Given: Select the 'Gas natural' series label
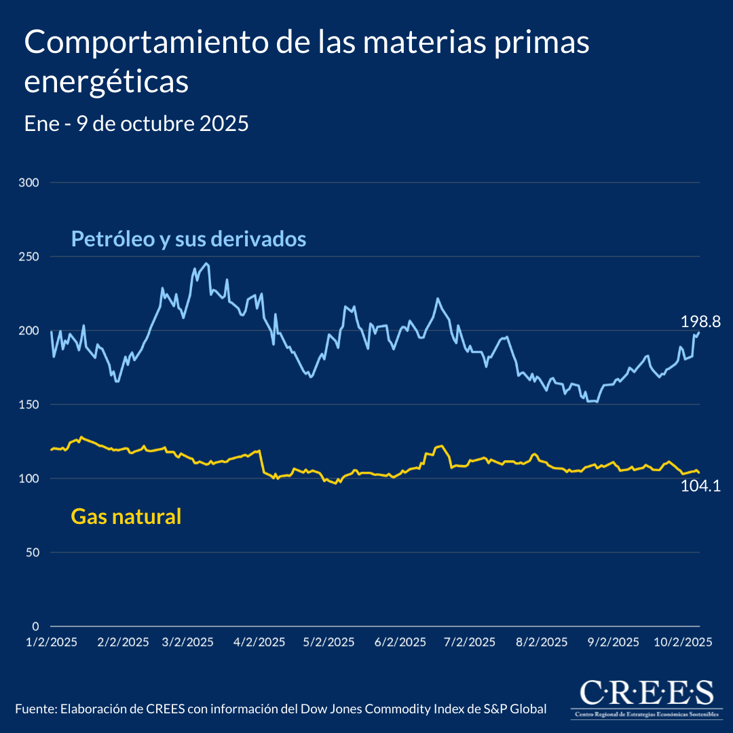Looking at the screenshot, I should (126, 517).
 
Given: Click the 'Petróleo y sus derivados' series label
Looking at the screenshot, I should (189, 239).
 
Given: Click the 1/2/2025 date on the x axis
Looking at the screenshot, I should (52, 642).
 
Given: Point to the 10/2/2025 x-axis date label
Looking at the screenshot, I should (681, 642).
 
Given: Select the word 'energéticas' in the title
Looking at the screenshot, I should (106, 82).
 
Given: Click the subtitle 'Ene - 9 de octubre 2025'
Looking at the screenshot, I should (136, 124).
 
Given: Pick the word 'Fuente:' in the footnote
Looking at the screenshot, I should (35, 709).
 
